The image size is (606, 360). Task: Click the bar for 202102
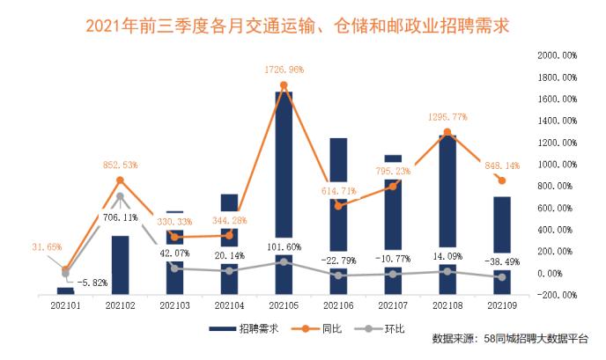(120, 264)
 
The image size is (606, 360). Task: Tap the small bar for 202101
(65, 290)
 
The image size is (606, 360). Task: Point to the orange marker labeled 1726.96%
(284, 85)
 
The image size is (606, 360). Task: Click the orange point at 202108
(447, 132)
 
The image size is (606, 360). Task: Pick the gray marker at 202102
(120, 196)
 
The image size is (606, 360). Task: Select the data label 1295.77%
(447, 115)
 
